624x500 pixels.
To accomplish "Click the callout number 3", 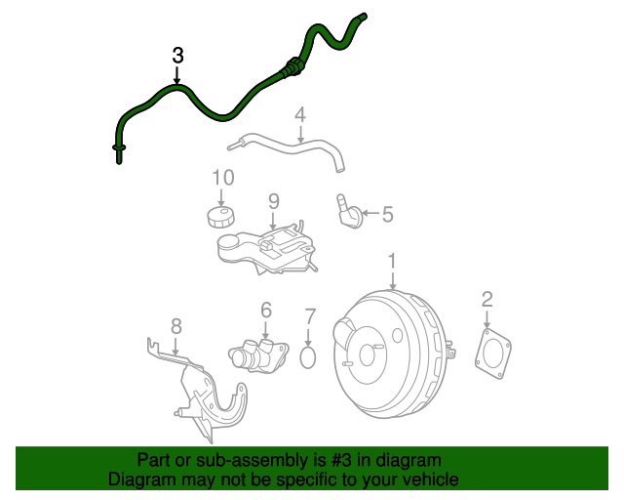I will (x=176, y=56).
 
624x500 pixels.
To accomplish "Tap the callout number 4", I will (x=300, y=114).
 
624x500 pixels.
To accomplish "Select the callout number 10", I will (x=223, y=178).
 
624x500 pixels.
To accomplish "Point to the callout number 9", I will (x=274, y=201).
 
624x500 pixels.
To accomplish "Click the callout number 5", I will (x=387, y=214).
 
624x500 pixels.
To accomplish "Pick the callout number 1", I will (x=393, y=261).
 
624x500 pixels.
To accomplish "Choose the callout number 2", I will (x=487, y=300).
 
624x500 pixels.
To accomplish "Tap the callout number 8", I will (x=175, y=325).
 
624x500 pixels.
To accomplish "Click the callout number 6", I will (x=265, y=311).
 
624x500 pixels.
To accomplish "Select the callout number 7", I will (x=309, y=316).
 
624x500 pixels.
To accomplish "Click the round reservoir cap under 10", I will (x=221, y=217).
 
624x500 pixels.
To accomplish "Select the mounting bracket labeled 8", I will (x=205, y=391).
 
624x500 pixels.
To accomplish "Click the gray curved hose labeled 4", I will (x=292, y=146).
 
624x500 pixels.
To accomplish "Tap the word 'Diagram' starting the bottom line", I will (x=136, y=479).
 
